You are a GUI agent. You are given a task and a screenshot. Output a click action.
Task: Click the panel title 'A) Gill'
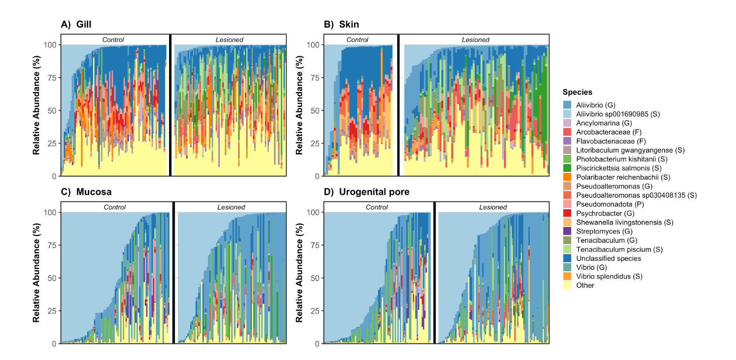pyautogui.click(x=76, y=24)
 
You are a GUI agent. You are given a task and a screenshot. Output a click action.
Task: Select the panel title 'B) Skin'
pyautogui.click(x=341, y=24)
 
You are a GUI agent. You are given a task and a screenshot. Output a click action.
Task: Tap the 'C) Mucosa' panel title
pyautogui.click(x=86, y=192)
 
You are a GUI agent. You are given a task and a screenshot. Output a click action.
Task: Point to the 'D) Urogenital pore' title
pyautogui.click(x=366, y=192)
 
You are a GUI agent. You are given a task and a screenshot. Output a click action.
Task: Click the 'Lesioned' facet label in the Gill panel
pyautogui.click(x=229, y=40)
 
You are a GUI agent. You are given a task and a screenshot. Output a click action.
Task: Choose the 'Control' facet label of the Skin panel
pyautogui.click(x=357, y=40)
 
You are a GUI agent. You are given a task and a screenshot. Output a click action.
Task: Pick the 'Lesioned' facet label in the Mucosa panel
pyautogui.click(x=231, y=207)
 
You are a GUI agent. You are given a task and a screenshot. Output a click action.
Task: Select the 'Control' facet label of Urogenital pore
pyautogui.click(x=377, y=207)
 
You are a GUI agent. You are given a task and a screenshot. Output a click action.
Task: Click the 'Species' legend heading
pyautogui.click(x=577, y=92)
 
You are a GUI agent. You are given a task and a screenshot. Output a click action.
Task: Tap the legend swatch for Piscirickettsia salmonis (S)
pyautogui.click(x=567, y=168)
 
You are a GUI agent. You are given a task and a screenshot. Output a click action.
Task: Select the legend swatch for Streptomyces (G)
pyautogui.click(x=567, y=231)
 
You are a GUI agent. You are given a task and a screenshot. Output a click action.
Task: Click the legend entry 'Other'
pyautogui.click(x=585, y=285)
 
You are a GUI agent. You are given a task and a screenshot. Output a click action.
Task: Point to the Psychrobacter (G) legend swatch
pyautogui.click(x=567, y=213)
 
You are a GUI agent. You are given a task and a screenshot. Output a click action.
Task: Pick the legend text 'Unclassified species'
pyautogui.click(x=608, y=258)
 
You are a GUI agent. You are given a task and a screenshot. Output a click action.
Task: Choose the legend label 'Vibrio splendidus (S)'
pyautogui.click(x=609, y=276)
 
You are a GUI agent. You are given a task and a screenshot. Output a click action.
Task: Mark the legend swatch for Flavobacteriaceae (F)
pyautogui.click(x=567, y=141)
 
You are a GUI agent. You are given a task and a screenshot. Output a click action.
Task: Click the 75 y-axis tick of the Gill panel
pyautogui.click(x=52, y=78)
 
